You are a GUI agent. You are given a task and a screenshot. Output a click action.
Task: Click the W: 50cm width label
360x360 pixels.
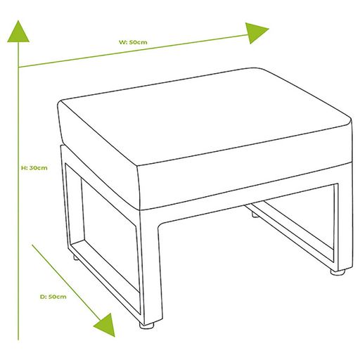point(133,42)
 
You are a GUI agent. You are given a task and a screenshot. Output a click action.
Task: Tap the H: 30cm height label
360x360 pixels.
point(34,168)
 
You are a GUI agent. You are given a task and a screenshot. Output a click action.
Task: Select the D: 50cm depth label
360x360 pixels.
point(53,297)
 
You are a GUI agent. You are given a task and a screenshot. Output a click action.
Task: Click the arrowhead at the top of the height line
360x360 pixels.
point(18,32)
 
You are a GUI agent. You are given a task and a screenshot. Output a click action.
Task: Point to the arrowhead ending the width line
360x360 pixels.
point(256,32)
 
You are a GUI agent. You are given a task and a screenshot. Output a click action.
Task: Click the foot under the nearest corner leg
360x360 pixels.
point(147,325)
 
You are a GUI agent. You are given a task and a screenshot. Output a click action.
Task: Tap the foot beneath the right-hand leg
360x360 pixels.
point(337,272)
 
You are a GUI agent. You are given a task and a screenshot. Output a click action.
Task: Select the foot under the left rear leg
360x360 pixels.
point(75,257)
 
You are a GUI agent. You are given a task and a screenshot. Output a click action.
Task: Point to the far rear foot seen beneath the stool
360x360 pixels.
point(255,215)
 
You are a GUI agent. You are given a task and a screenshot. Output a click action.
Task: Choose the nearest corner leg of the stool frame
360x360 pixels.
point(150,265)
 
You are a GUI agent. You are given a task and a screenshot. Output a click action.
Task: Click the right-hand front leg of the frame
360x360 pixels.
point(345,225)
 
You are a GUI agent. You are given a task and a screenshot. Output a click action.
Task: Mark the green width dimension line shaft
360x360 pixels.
point(134,51)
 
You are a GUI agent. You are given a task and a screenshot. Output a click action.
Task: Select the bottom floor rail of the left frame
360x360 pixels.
point(105,276)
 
